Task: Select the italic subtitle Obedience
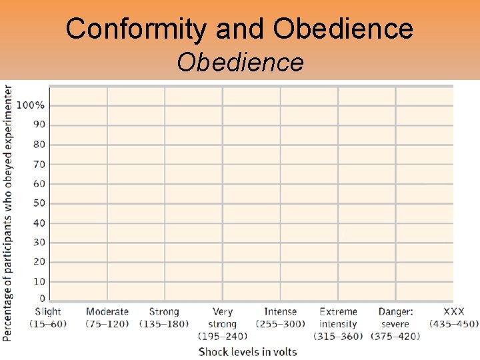coord(240,63)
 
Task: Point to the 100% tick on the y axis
coord(31,105)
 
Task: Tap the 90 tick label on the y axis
coord(39,125)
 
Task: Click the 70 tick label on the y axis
coord(39,164)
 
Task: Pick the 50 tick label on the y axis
coord(39,203)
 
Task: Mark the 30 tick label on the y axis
coord(39,243)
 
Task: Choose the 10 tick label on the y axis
coord(39,281)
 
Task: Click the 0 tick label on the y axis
coord(42,298)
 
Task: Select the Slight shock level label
coord(48,311)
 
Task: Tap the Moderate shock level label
coord(107,311)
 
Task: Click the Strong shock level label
coord(164,311)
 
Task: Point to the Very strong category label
coord(223,318)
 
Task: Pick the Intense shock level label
coord(281,311)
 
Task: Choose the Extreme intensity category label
coord(338,318)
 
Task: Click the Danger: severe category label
coord(395,318)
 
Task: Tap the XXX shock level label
coord(454,311)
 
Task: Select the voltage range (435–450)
coord(454,324)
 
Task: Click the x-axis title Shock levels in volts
coord(247,351)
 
